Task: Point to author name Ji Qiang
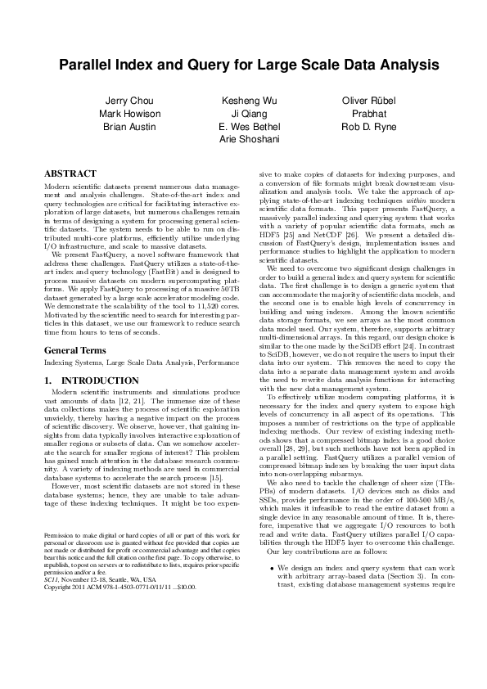click(243, 114)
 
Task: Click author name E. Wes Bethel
click(243, 127)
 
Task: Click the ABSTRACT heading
click(70, 173)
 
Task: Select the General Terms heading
click(79, 349)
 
